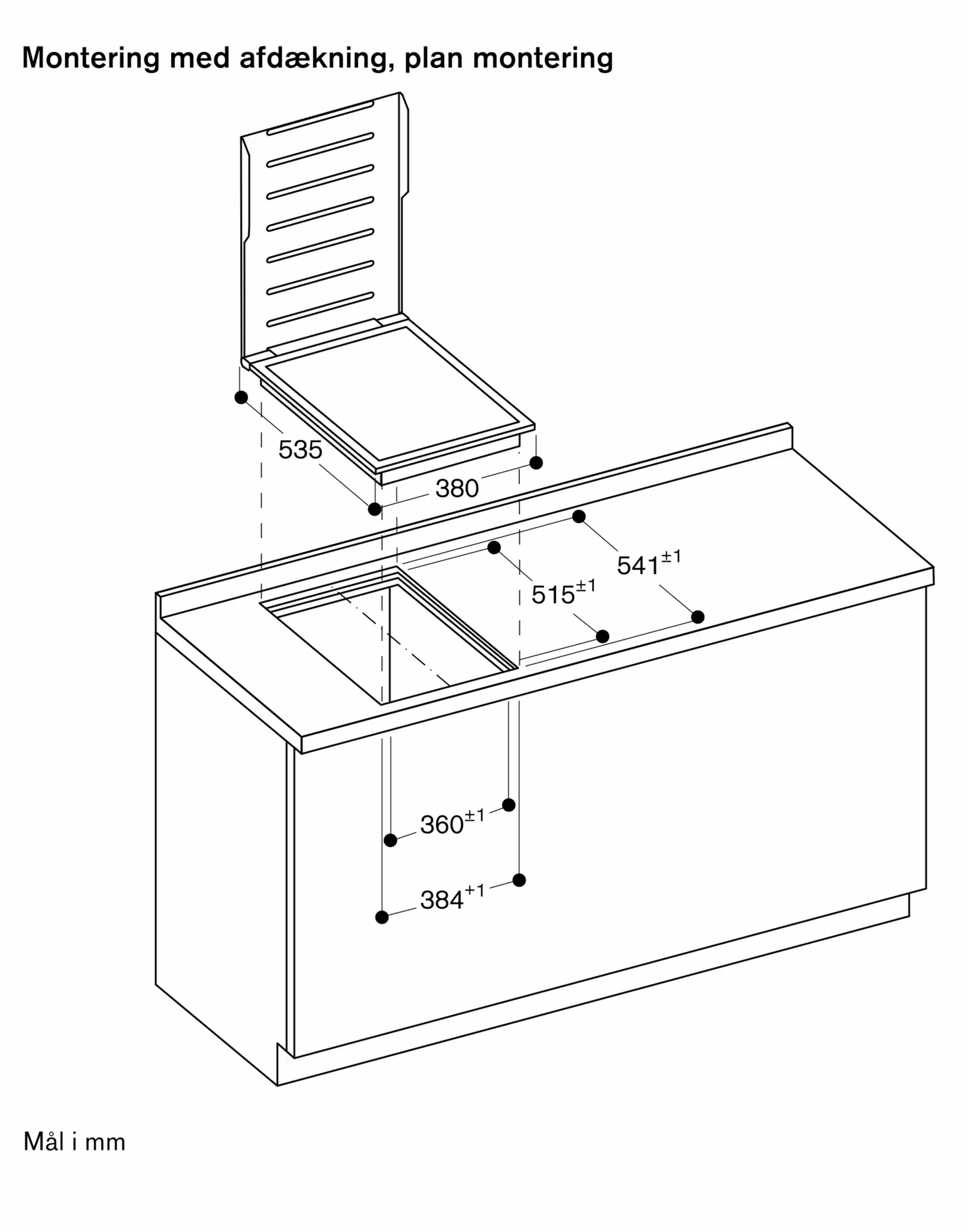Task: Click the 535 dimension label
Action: (300, 450)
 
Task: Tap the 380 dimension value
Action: (457, 489)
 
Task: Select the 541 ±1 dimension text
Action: (649, 563)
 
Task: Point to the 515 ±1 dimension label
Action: (564, 592)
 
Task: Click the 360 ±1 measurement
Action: (452, 822)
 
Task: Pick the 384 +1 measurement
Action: (452, 897)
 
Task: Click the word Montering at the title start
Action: (91, 59)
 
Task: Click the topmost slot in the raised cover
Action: (320, 117)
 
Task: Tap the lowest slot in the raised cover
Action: (320, 310)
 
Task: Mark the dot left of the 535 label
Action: (241, 398)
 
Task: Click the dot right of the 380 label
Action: (536, 462)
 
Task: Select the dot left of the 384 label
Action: (381, 917)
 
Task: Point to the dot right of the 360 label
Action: (509, 804)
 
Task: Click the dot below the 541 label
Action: (698, 616)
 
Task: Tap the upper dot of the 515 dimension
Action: (494, 547)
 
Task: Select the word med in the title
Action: (199, 59)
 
